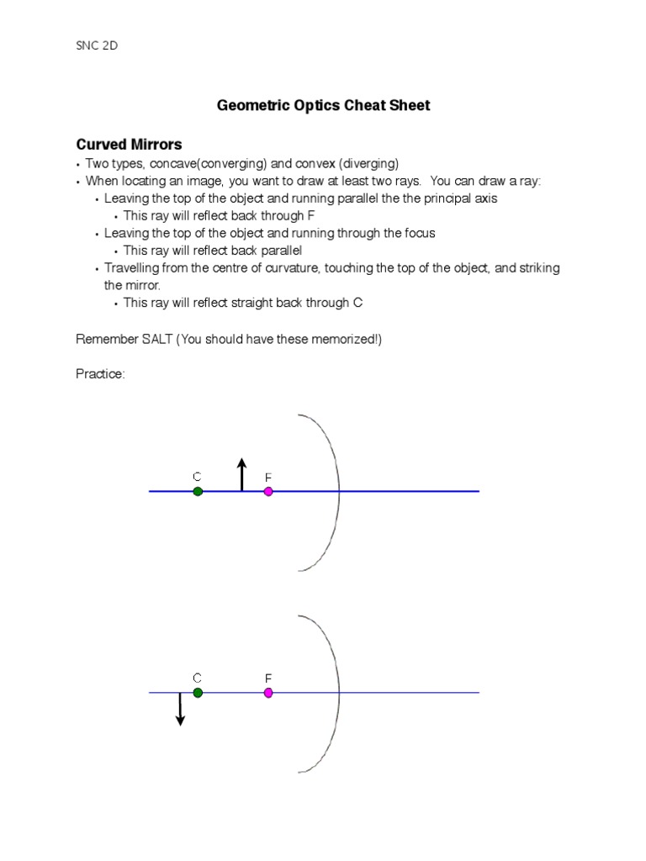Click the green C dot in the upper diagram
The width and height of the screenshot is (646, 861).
pos(198,491)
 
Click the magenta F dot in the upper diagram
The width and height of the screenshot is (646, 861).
pos(268,491)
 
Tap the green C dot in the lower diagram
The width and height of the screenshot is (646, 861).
pos(198,693)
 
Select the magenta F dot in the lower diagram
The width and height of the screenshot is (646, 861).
pos(268,693)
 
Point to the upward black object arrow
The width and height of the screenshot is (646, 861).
pos(242,474)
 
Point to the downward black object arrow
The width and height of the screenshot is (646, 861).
pos(180,709)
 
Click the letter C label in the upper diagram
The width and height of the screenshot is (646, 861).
pos(197,477)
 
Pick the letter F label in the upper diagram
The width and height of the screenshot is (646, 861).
pos(268,477)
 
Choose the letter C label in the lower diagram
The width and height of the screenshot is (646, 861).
pos(197,678)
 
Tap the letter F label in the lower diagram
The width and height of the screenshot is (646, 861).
pos(268,678)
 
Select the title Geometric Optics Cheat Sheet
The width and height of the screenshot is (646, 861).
pos(323,105)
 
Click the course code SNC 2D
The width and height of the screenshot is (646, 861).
pos(97,45)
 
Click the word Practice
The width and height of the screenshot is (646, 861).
pos(100,374)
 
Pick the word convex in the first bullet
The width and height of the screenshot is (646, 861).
pos(315,163)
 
